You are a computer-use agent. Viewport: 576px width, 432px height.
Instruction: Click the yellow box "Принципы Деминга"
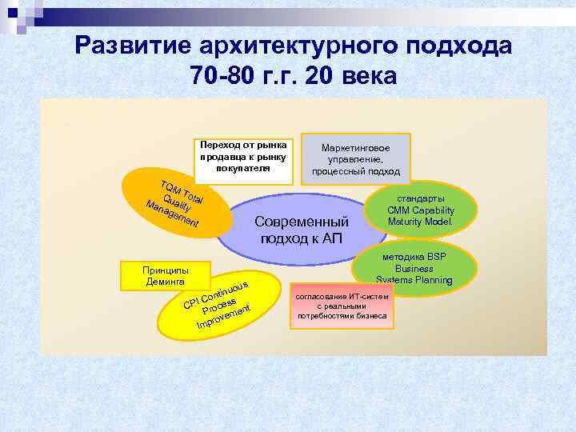165,275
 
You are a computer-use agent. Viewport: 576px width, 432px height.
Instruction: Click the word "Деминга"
165,282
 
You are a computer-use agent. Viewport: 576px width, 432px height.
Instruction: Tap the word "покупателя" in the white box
243,169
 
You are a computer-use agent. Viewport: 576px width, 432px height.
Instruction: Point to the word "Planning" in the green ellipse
433,280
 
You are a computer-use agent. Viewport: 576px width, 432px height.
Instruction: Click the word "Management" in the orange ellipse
172,213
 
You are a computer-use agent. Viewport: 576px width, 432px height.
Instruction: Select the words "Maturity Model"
420,221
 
